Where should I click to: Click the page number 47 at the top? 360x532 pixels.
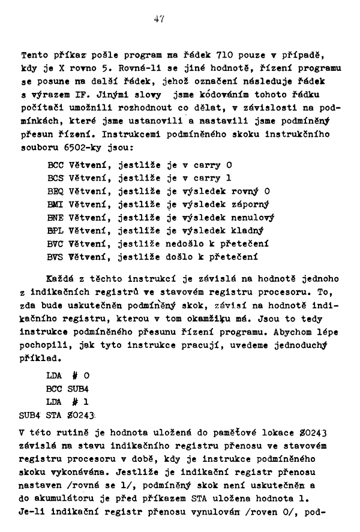pyautogui.click(x=159, y=19)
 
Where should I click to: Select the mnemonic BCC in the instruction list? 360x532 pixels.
pyautogui.click(x=55, y=165)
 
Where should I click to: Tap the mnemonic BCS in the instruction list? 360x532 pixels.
pyautogui.click(x=55, y=178)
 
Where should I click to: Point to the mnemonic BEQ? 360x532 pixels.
pyautogui.click(x=55, y=191)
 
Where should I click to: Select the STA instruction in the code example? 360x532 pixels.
pyautogui.click(x=55, y=415)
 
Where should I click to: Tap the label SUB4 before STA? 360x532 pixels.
pyautogui.click(x=30, y=415)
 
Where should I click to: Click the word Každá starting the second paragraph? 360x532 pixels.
pyautogui.click(x=60, y=279)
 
